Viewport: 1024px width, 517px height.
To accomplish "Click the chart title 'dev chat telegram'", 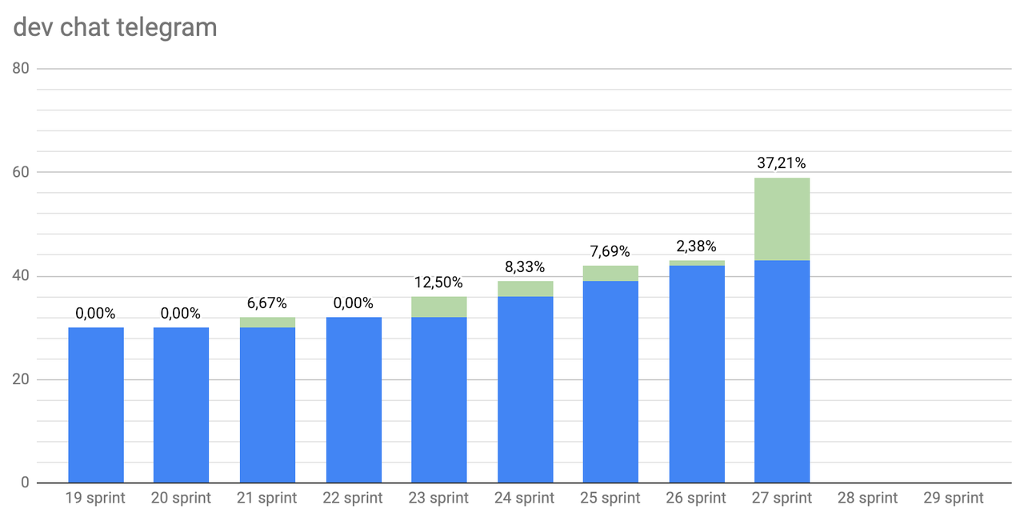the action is click(x=115, y=27).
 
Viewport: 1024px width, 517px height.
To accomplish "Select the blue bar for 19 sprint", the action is click(x=96, y=405).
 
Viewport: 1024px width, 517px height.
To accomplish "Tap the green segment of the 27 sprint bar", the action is click(x=782, y=219).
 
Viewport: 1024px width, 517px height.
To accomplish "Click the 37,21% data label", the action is click(x=782, y=163).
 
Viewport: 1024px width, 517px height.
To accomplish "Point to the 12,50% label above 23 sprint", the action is click(x=438, y=283).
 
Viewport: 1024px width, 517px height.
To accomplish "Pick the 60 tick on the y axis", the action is click(x=21, y=173).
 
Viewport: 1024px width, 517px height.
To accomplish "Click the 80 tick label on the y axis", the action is click(x=21, y=69).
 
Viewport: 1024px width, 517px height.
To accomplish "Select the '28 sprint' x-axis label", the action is click(x=867, y=498).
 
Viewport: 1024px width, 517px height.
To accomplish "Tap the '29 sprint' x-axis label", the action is click(x=953, y=498).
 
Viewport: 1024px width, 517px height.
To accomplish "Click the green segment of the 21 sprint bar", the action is click(x=267, y=323).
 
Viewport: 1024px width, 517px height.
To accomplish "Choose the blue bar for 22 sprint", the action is click(x=354, y=400).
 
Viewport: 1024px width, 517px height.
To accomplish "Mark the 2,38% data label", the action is click(x=696, y=246).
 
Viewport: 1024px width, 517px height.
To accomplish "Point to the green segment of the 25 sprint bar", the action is click(x=610, y=274).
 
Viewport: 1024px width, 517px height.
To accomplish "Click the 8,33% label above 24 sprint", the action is click(x=525, y=267).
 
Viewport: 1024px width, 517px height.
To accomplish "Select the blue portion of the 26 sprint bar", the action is click(x=697, y=375).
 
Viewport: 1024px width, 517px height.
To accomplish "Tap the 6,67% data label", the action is click(x=267, y=303).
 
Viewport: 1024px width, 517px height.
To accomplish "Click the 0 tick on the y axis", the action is click(x=25, y=483).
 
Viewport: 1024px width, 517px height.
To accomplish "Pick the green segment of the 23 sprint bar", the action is click(x=439, y=307).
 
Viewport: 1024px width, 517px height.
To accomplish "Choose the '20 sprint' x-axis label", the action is click(x=181, y=498).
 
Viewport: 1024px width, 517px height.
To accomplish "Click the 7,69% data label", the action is click(x=610, y=251).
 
